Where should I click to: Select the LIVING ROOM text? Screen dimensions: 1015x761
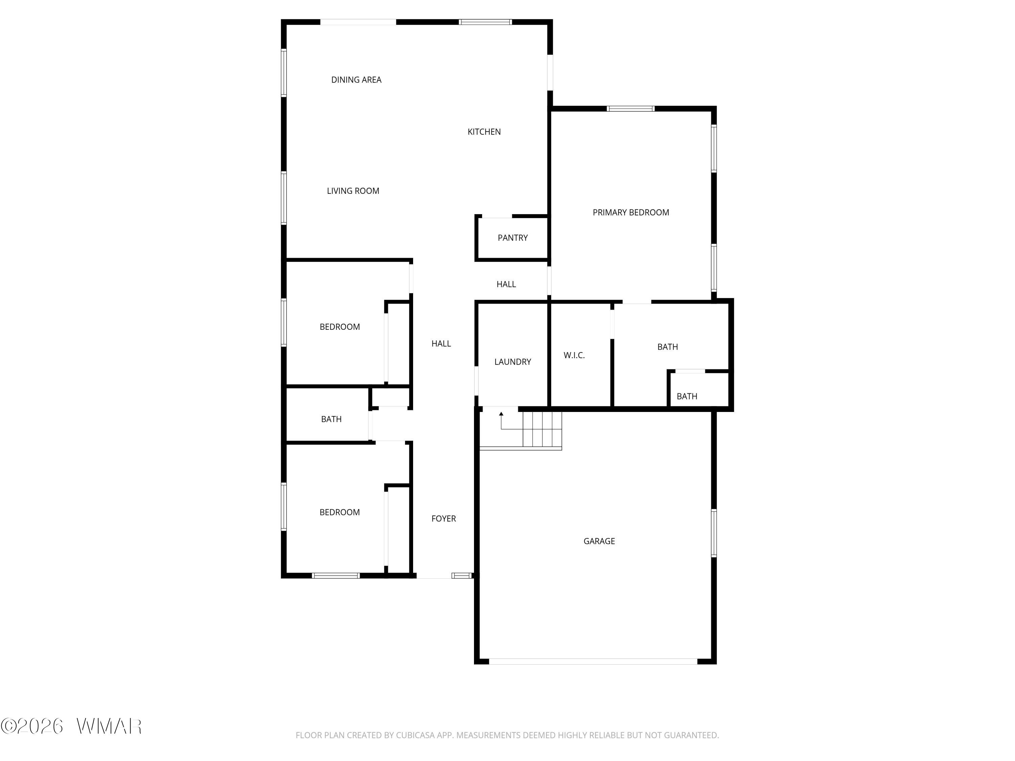353,191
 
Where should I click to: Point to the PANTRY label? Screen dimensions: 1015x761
513,238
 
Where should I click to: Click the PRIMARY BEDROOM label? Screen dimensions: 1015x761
631,212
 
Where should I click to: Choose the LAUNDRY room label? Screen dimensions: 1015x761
513,362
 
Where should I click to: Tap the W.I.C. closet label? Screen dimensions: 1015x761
574,355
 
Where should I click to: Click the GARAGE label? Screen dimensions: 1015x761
599,541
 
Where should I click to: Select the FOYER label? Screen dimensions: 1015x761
444,519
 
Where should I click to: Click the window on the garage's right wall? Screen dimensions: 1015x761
714,533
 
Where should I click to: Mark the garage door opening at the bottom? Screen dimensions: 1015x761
593,662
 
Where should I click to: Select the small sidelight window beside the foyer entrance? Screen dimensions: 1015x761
461,576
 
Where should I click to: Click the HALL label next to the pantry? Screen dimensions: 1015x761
506,284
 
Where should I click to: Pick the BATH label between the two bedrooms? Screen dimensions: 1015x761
331,419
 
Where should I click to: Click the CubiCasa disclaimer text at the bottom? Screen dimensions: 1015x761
507,735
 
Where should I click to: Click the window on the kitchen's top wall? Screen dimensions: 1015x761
486,22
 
